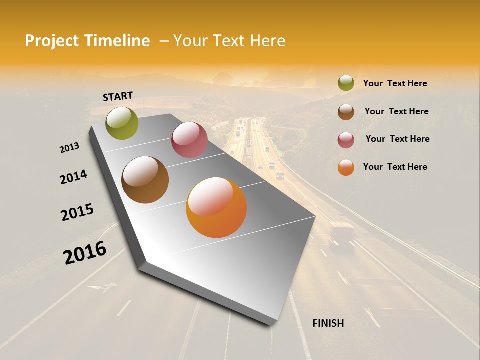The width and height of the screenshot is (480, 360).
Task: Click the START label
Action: (x=118, y=96)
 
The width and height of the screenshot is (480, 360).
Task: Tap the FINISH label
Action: (x=328, y=323)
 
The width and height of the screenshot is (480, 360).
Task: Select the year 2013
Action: (x=69, y=148)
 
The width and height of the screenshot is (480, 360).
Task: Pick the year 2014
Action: (x=73, y=177)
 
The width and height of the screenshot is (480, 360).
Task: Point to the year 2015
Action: (x=77, y=212)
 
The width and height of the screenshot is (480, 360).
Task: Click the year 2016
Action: (x=85, y=253)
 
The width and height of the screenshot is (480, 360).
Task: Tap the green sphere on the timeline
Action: (x=122, y=123)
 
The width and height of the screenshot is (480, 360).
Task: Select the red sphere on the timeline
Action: (x=189, y=140)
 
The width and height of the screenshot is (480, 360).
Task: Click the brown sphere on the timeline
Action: (x=145, y=180)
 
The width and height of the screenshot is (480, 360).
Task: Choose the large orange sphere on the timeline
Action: (x=216, y=207)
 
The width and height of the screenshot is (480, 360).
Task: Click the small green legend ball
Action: (x=346, y=83)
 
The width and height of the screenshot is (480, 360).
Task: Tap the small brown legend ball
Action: (x=346, y=111)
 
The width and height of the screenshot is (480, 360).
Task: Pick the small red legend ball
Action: (x=346, y=139)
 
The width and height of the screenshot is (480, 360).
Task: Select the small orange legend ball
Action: (x=346, y=167)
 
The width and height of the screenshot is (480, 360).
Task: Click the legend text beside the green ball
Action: (x=395, y=84)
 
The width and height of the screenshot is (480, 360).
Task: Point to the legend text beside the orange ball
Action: (x=395, y=167)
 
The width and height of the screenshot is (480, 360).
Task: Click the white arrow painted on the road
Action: (x=102, y=287)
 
